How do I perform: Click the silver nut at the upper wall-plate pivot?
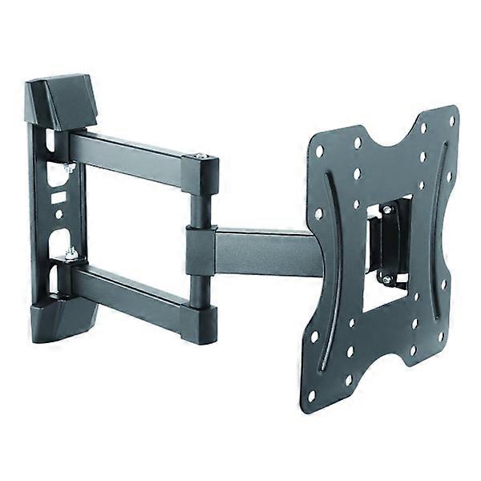[x=70, y=168]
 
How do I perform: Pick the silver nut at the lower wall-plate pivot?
[x=71, y=253]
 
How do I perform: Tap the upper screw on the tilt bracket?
[x=386, y=210]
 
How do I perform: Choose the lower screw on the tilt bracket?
[x=386, y=279]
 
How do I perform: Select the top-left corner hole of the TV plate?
[x=320, y=150]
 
